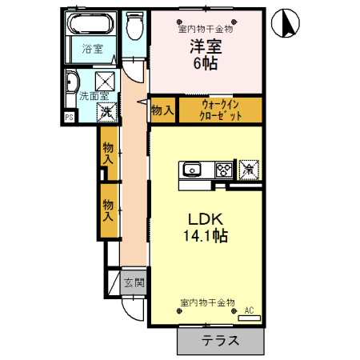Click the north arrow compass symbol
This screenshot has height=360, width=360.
tap(284, 22)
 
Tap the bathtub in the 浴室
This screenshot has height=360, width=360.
tap(91, 23)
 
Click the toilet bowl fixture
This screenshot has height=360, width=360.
tap(134, 28)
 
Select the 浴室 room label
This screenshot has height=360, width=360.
tap(91, 48)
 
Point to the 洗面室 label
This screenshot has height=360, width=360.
tap(91, 96)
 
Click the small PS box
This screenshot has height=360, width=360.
tap(69, 118)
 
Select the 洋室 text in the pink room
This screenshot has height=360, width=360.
tap(205, 46)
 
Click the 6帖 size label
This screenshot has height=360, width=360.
tap(205, 64)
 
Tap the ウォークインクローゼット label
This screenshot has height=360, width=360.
tap(220, 110)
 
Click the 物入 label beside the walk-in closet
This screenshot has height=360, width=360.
tap(162, 110)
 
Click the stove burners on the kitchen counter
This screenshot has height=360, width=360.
tap(222, 170)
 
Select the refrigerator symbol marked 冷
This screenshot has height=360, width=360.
tap(248, 169)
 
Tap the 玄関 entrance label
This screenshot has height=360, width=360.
tap(134, 282)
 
